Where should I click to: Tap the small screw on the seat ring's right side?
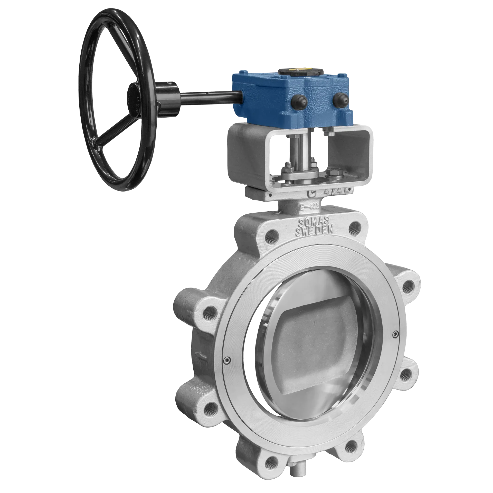pos(395,334)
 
